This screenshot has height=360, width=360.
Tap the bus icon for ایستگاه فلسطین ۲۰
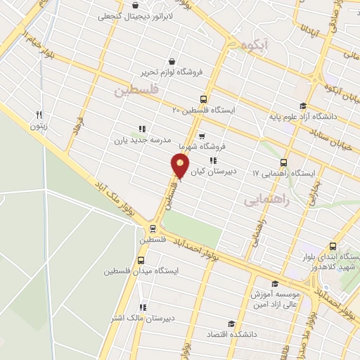click(x=204, y=100)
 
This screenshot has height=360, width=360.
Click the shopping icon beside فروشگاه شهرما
click(x=202, y=136)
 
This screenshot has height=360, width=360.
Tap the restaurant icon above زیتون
click(x=39, y=115)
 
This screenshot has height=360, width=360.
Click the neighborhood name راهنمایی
click(x=266, y=200)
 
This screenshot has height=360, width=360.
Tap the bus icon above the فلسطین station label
click(x=153, y=229)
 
